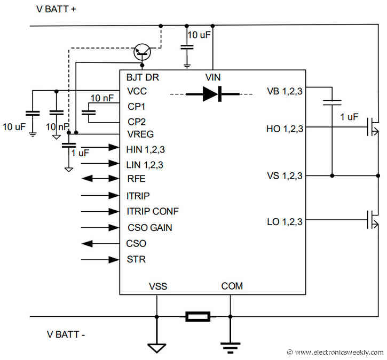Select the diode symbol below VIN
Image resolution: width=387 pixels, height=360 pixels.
click(212, 94)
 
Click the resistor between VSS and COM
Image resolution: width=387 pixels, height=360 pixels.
click(198, 317)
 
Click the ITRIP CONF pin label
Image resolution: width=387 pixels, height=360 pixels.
click(153, 211)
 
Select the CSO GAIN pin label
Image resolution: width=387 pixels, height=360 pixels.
click(149, 228)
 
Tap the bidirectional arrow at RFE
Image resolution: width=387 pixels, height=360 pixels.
click(99, 179)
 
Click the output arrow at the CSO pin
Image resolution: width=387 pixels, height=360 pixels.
click(99, 244)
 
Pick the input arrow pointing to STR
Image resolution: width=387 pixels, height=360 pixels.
click(99, 260)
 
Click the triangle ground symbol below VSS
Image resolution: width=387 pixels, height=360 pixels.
click(156, 348)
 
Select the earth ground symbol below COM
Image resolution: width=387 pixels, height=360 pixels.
click(230, 348)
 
